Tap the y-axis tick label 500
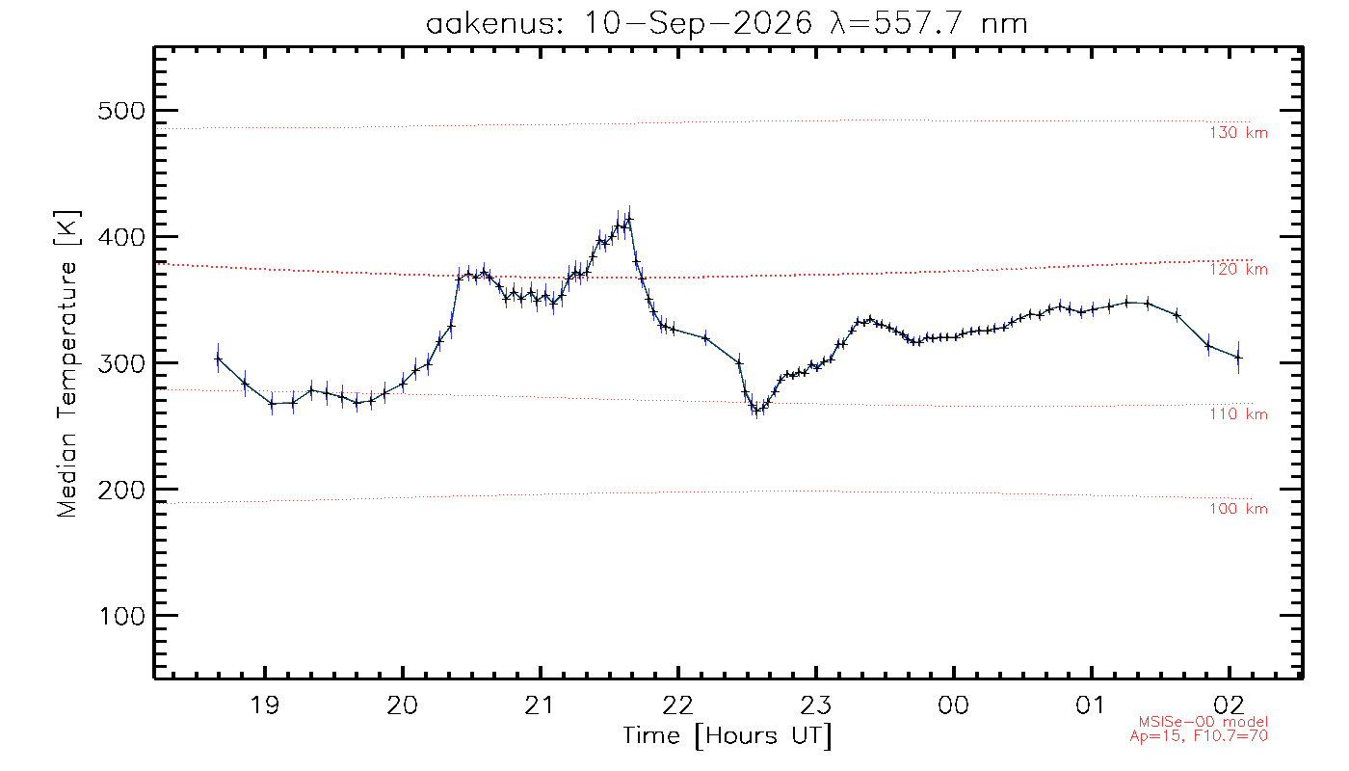pos(121,111)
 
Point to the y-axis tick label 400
pos(121,237)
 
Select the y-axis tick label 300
pos(121,363)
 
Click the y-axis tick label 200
pos(121,490)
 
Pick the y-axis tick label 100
pos(122,616)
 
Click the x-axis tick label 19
pos(264,705)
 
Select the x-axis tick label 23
pos(815,705)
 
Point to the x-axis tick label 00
pos(953,705)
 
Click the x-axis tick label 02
pos(1230,705)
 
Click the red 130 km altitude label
pos(1238,133)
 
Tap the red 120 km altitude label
pos(1238,269)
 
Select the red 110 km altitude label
pos(1238,413)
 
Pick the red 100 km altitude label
pos(1238,509)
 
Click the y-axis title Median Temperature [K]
pos(66,363)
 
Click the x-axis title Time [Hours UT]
pos(727,736)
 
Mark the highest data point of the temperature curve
pos(629,219)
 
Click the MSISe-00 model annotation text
pos(1203,722)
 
